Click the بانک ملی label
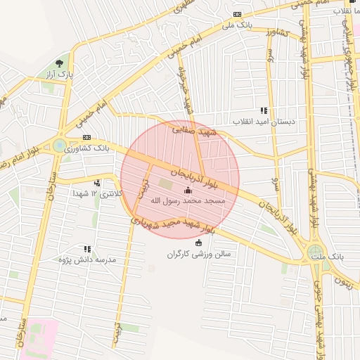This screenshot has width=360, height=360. [236, 25]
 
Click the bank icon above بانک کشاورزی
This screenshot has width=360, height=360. [86, 137]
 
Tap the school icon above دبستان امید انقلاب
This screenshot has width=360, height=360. [264, 110]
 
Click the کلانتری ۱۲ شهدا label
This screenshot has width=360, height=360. [98, 193]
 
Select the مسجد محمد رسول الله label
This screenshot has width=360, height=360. [188, 201]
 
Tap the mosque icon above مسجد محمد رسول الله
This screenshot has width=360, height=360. [188, 191]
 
